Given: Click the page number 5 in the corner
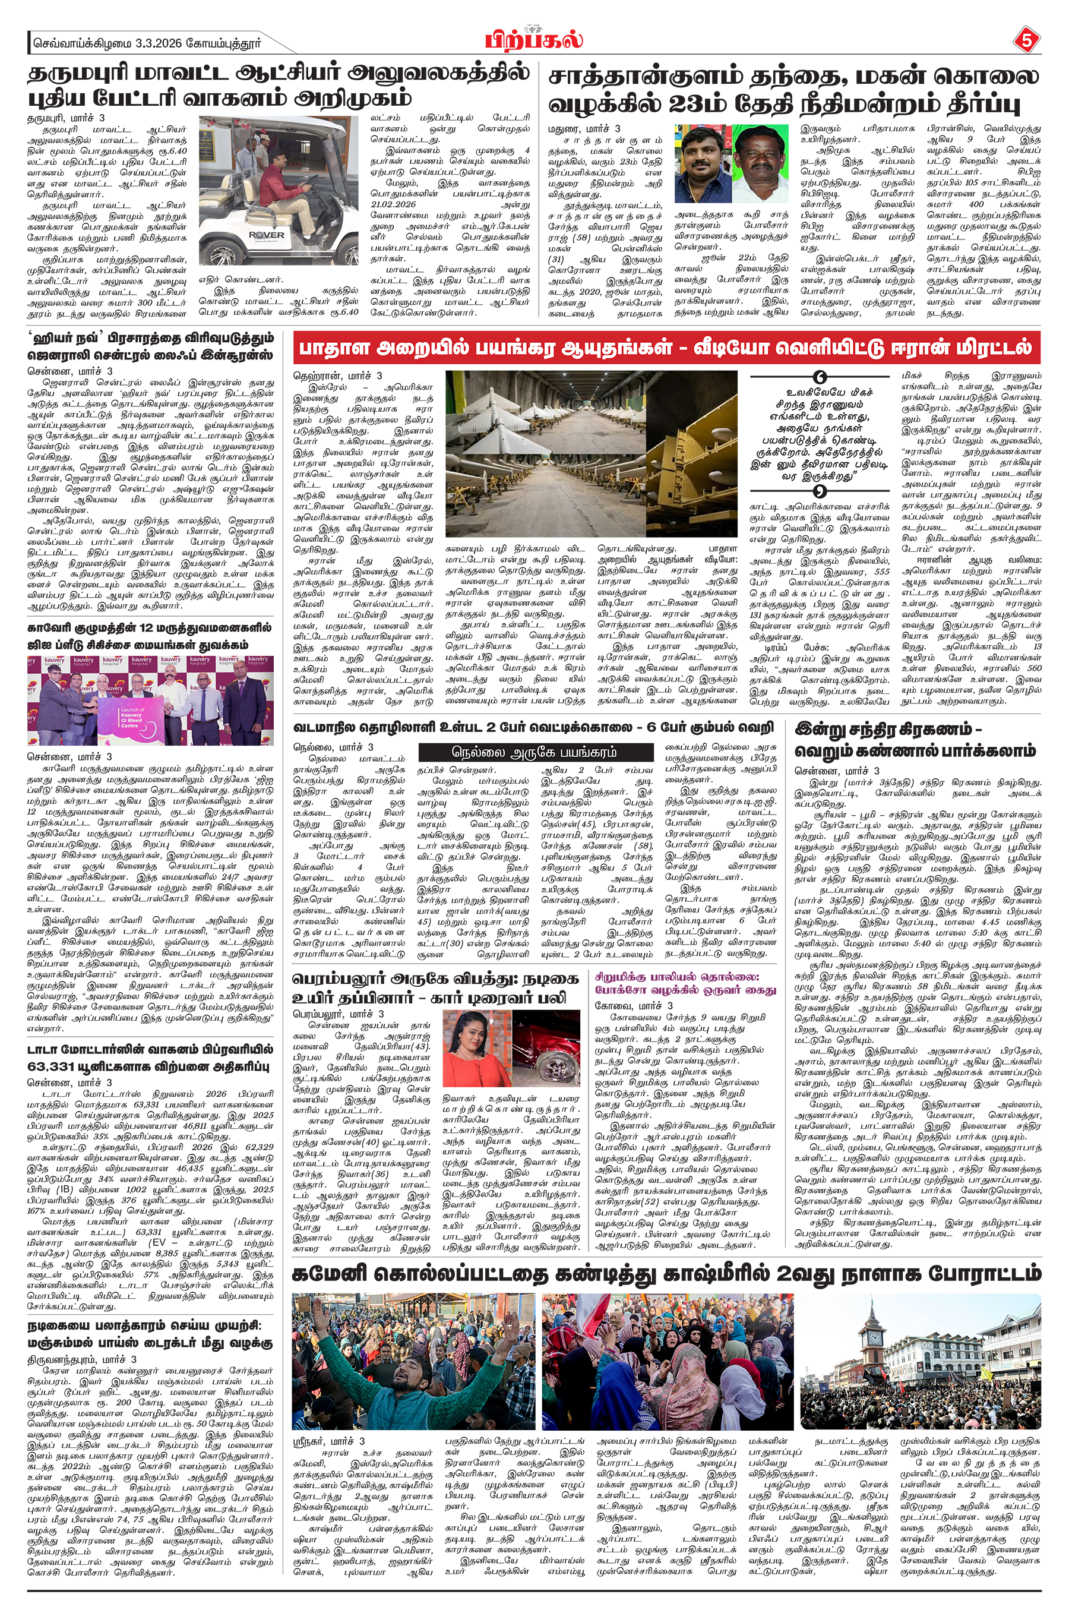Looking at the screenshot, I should (1027, 41).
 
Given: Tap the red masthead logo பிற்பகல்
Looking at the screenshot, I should (534, 40).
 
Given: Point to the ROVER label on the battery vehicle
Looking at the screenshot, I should (267, 235).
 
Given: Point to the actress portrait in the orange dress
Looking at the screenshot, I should (475, 1047).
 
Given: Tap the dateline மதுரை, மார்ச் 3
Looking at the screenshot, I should (584, 128).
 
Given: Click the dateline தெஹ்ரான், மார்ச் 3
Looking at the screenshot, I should (337, 375).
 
